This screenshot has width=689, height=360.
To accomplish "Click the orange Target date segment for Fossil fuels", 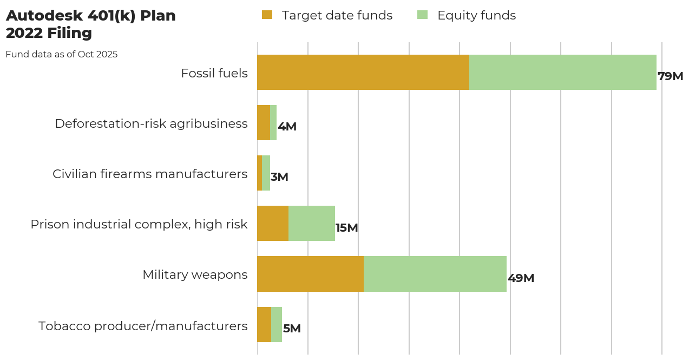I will (363, 72).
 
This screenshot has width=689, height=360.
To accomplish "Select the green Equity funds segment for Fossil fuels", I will (562, 72).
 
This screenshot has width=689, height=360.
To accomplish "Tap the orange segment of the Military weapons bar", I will (310, 274).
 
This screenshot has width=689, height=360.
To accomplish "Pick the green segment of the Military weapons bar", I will (435, 274).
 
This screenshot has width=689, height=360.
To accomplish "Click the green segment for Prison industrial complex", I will (311, 223).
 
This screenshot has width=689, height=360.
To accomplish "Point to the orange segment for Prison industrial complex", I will (272, 223).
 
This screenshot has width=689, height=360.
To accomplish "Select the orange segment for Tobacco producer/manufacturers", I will (264, 324).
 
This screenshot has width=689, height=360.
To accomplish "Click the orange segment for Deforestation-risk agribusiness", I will (263, 122).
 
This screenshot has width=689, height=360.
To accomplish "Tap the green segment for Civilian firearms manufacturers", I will (266, 173).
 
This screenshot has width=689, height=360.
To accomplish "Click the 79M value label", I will (670, 76).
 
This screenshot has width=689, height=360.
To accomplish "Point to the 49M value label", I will (521, 278).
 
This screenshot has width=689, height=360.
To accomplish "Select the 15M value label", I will (346, 228).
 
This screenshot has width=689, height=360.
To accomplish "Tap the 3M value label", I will (279, 177).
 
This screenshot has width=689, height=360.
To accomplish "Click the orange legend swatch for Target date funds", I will (267, 15).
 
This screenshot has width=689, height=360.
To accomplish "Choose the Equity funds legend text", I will (476, 16).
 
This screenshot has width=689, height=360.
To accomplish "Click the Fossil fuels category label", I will (214, 73).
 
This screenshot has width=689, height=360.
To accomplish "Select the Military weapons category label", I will (195, 275).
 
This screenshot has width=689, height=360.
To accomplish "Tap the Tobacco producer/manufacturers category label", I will (143, 326).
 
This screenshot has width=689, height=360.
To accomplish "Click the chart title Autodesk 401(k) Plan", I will (90, 16).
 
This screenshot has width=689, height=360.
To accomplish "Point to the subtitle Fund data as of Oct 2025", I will (62, 54).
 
